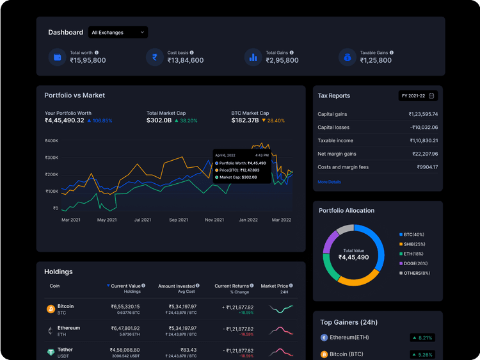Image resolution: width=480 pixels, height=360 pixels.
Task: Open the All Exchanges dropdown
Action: click(x=118, y=32)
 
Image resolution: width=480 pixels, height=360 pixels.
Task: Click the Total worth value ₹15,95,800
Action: click(x=88, y=60)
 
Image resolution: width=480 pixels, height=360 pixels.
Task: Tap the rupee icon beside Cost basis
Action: click(x=154, y=57)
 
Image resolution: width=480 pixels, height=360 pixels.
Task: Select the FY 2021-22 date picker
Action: click(x=418, y=95)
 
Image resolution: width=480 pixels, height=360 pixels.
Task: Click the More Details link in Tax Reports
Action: click(x=329, y=182)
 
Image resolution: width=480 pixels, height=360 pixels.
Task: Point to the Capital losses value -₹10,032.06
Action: click(x=423, y=127)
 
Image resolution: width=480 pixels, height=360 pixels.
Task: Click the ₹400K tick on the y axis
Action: click(x=51, y=141)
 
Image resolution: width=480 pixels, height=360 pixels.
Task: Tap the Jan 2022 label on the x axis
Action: click(x=248, y=220)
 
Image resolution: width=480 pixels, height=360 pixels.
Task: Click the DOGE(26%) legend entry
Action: click(x=415, y=263)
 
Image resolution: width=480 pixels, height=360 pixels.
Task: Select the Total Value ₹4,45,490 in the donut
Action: click(x=353, y=254)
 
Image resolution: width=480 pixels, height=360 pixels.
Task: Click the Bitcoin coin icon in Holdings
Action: click(x=51, y=309)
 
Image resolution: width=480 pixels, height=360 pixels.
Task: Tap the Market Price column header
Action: click(x=275, y=286)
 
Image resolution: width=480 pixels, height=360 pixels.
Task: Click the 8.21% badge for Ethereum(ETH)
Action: click(x=422, y=338)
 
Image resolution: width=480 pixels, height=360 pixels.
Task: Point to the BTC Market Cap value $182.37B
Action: click(x=245, y=120)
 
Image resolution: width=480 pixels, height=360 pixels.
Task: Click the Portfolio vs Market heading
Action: click(x=74, y=95)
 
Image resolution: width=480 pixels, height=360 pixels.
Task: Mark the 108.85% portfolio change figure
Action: click(x=99, y=120)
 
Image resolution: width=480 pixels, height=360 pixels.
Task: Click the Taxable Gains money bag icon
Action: click(x=347, y=57)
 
